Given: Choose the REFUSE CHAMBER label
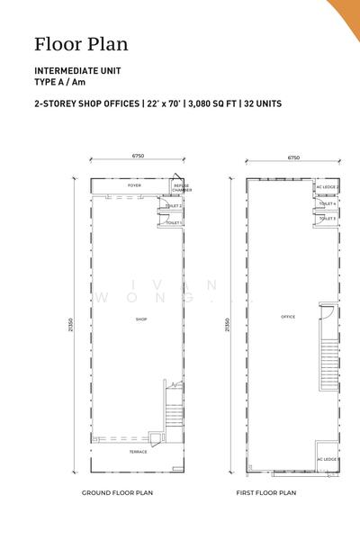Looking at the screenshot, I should [x=181, y=188].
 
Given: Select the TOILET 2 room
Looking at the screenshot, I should [x=174, y=206].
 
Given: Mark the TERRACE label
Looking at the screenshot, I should [x=138, y=451].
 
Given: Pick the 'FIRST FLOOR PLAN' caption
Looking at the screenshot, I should [x=266, y=493].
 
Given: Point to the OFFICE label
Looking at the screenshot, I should [x=288, y=317].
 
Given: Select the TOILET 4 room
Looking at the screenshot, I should [x=327, y=204].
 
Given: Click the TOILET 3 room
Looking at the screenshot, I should [x=327, y=219].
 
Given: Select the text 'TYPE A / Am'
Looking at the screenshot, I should [x=59, y=82].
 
